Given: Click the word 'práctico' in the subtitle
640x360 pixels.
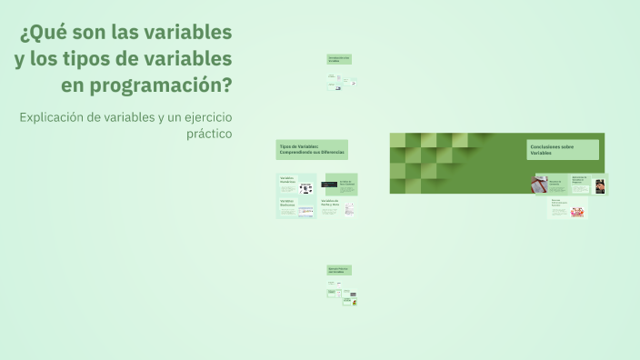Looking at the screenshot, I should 209,134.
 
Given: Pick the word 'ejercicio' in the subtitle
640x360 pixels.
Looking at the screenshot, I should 202,117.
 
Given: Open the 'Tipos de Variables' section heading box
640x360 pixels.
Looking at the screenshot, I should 312,149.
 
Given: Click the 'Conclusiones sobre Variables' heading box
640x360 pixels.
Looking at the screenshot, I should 563,149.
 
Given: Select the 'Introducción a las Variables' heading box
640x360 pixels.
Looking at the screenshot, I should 339,59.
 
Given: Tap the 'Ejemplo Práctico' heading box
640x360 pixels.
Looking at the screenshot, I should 339,270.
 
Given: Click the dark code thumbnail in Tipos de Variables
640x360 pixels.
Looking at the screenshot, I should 329,185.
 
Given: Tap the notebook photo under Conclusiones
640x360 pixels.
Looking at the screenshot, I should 539,185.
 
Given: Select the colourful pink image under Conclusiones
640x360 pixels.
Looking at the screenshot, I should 576,211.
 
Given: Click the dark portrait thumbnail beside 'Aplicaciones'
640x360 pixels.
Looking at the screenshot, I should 600,185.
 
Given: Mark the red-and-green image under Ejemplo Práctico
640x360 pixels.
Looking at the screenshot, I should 354,301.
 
